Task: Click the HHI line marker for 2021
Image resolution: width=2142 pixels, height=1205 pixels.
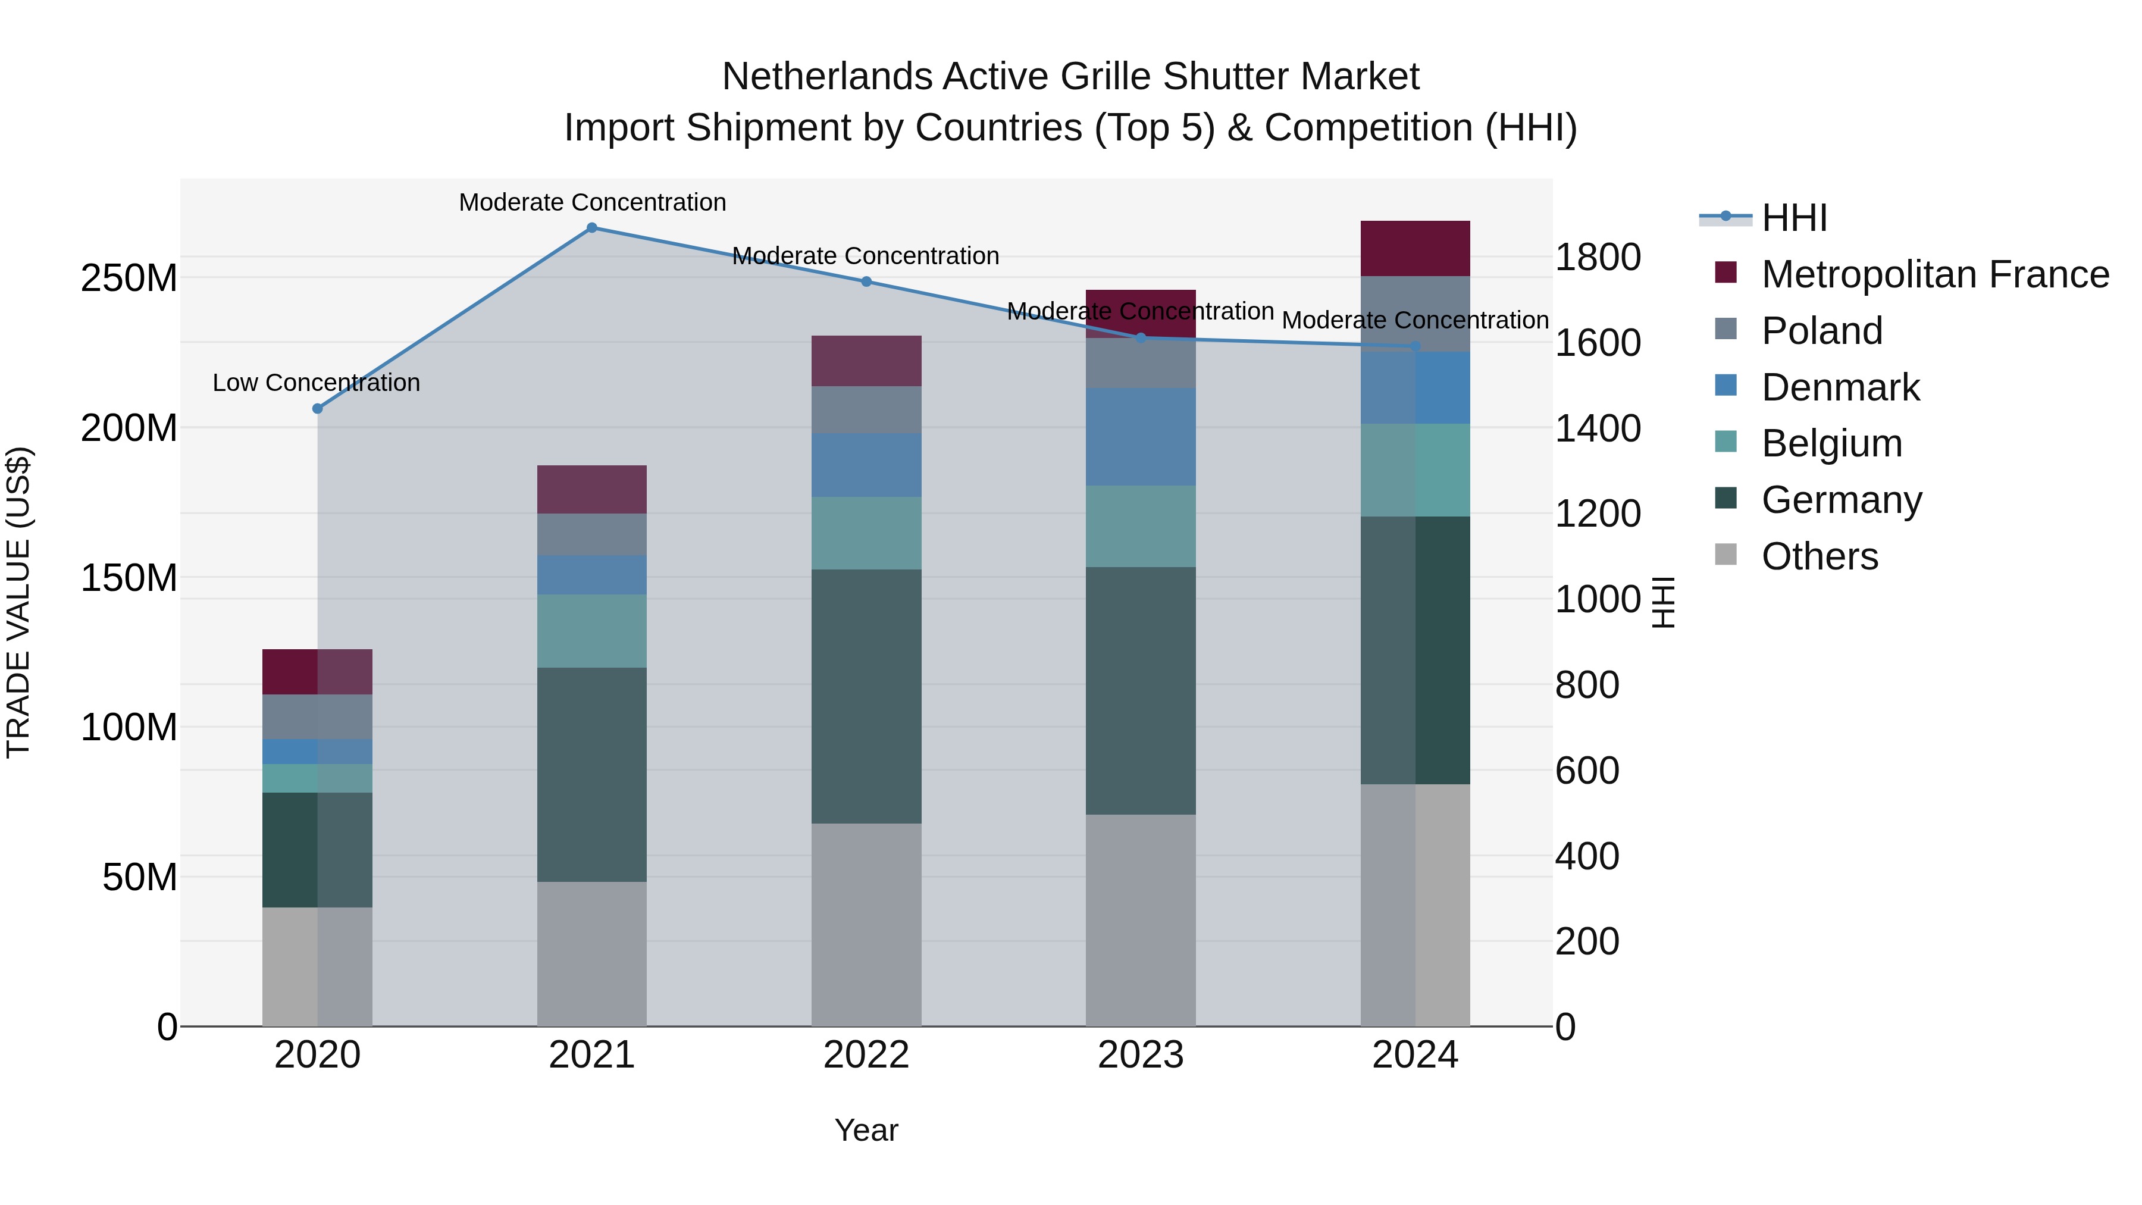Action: click(x=592, y=228)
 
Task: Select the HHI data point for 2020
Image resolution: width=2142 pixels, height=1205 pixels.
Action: click(x=317, y=408)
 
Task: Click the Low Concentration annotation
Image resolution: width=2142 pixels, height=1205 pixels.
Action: click(x=316, y=383)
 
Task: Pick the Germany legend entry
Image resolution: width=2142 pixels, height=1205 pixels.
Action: click(x=1841, y=500)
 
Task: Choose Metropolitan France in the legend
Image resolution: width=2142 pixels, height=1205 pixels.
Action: click(x=1935, y=274)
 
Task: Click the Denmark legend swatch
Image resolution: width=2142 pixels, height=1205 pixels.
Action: click(x=1726, y=386)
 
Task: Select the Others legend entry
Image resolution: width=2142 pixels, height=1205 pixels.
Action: click(x=1820, y=556)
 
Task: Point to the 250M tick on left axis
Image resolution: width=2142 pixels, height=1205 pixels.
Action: click(x=129, y=278)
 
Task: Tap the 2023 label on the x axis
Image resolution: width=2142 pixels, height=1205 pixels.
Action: click(x=1141, y=1055)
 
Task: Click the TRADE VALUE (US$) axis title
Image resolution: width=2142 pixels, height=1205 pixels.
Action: click(x=18, y=602)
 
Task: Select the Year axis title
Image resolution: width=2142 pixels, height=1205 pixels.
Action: click(x=866, y=1130)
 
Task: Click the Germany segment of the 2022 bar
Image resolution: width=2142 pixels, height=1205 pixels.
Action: click(x=866, y=696)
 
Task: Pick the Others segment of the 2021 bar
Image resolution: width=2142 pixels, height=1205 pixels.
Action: click(x=592, y=954)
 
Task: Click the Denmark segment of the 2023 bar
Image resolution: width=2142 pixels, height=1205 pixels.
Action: click(x=1141, y=437)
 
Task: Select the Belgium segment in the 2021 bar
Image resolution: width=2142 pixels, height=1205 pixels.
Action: click(x=592, y=630)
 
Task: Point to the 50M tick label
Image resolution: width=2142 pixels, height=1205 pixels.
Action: click(x=140, y=877)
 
